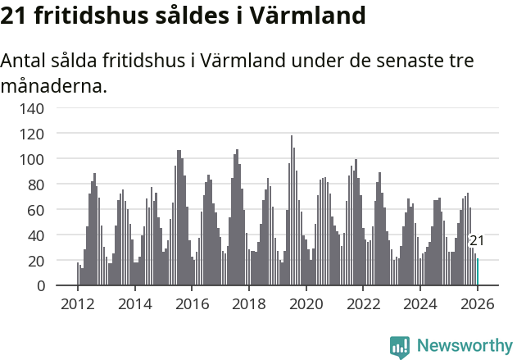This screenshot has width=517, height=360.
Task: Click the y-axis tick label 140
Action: pos(32,107)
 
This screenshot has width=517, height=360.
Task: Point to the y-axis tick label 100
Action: pos(32,158)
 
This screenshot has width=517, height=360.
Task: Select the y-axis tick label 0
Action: pos(39,285)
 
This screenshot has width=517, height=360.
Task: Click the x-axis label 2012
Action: pos(78,304)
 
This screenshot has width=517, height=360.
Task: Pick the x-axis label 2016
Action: pos(192,304)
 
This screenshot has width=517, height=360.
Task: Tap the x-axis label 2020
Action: pos(306,304)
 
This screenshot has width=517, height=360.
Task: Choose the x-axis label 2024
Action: pos(419,304)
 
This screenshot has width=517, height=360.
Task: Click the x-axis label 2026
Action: pos(477,304)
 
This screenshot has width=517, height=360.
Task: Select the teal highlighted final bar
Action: pos(478,272)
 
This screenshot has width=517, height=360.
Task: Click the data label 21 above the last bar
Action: pos(476,240)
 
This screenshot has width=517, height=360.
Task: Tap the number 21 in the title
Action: pos(16,16)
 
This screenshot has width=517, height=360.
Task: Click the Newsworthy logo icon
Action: pos(400,346)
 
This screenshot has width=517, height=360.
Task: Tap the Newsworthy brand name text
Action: pos(465,346)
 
